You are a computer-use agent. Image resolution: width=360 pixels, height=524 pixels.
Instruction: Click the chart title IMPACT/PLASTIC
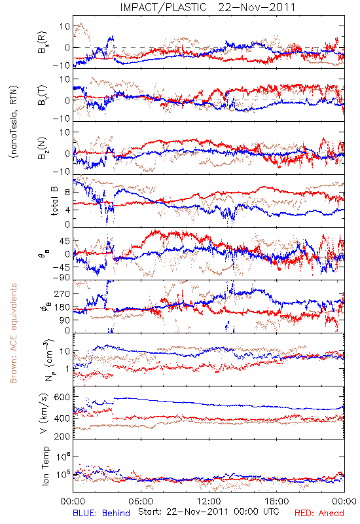point(163,7)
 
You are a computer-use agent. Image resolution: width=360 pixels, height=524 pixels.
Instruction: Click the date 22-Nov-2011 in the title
point(257,7)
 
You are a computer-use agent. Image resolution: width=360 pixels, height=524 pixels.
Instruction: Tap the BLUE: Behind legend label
point(101,513)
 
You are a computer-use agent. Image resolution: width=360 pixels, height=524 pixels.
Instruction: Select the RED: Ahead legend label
point(319,513)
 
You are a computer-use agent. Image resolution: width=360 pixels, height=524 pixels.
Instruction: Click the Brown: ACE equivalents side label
point(13,333)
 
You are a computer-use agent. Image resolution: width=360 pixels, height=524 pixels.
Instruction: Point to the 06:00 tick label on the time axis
point(141,501)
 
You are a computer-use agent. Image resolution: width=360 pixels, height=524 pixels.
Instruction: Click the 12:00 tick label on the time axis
point(209,501)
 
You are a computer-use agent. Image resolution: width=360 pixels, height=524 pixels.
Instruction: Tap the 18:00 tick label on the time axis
point(276,501)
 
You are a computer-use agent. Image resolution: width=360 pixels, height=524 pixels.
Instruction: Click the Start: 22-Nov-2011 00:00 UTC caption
point(209,512)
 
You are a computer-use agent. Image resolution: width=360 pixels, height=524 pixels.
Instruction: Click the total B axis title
point(54,201)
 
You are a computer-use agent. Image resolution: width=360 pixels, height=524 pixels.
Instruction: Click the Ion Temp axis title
point(45,466)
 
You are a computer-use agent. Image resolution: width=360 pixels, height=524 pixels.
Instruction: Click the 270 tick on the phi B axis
point(62,293)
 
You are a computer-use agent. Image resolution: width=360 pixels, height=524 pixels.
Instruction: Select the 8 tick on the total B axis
point(67,193)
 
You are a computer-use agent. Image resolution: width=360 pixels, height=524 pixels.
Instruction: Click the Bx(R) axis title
point(43,43)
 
